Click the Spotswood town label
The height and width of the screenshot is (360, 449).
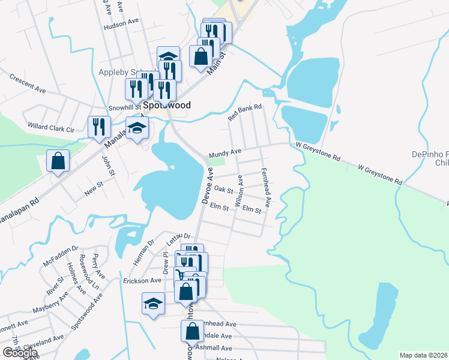[167, 105]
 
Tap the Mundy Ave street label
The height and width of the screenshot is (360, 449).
[224, 154]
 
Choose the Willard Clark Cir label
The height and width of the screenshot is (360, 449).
[50, 128]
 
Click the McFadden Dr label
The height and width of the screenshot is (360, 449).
[61, 256]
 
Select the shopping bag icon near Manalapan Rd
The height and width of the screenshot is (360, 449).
[58, 161]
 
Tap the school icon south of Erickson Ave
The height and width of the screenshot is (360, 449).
[153, 303]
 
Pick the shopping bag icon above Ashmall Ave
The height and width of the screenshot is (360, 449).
[191, 331]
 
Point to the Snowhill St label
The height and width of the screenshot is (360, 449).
[124, 108]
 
